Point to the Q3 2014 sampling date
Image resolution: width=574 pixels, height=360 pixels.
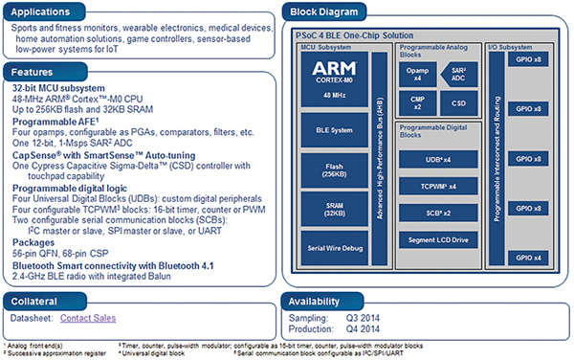pos(359,315)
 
